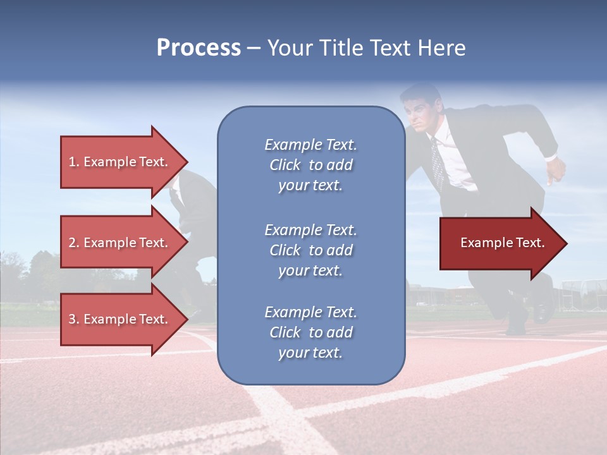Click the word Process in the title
[x=199, y=48]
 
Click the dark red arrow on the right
[x=500, y=243]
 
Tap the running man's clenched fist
[x=556, y=169]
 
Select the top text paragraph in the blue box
[x=310, y=165]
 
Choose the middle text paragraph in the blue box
[x=310, y=250]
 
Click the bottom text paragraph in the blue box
[x=310, y=332]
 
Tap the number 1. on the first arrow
[x=74, y=162]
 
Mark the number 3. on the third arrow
[x=74, y=320]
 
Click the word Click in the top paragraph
[x=285, y=165]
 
